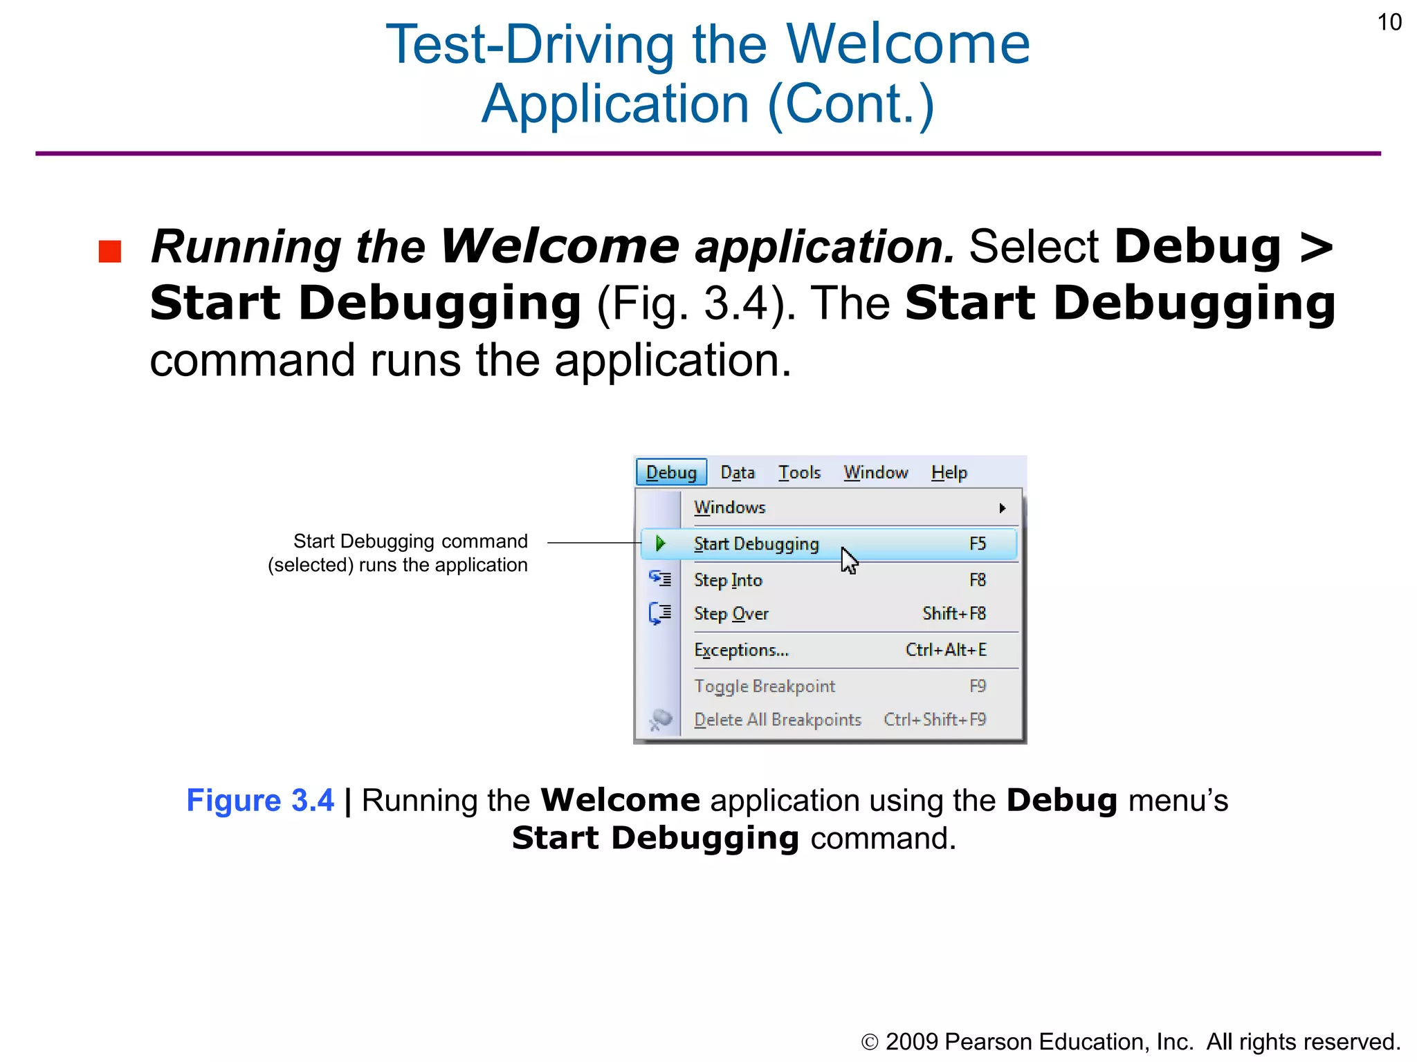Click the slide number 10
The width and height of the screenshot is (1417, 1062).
coord(1389,22)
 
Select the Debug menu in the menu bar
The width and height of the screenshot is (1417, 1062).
coord(671,472)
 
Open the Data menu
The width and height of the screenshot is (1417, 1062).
coord(738,472)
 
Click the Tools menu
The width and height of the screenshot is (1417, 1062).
coord(799,472)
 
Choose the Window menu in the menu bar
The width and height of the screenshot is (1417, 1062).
coord(875,472)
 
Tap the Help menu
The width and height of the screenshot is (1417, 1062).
coord(949,472)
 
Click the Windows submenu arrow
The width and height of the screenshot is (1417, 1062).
coord(1002,508)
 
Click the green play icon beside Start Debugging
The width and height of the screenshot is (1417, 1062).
coord(660,543)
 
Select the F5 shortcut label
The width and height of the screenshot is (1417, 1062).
coord(977,543)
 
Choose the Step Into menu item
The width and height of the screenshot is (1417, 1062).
coord(728,580)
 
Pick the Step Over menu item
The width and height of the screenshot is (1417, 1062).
coord(731,613)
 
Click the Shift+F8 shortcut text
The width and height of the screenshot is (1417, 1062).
coord(953,613)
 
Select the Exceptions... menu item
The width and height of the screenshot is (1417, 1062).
coord(741,650)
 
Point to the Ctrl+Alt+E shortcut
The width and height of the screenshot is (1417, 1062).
coord(946,650)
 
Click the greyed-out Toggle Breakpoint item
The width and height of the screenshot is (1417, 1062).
coord(765,686)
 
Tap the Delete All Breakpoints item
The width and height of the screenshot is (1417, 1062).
coord(778,720)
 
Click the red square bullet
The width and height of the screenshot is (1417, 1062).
coord(110,251)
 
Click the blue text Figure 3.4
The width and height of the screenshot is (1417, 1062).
coord(260,801)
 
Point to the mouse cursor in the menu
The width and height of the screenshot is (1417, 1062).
coord(849,560)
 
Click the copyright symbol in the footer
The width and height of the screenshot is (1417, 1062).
coord(870,1042)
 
